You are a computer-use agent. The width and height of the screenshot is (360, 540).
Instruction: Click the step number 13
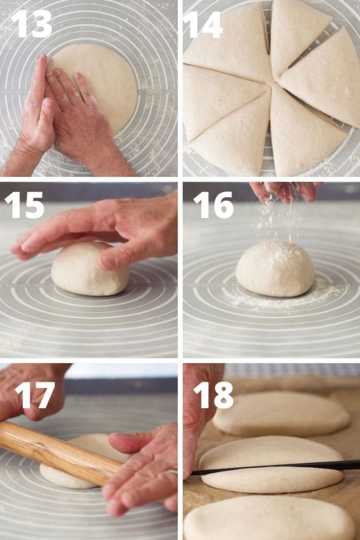(31, 23)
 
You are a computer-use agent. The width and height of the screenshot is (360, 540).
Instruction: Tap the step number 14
(202, 23)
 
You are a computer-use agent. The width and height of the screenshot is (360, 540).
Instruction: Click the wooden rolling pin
(55, 452)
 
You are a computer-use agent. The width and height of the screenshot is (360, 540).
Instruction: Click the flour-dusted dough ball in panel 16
(275, 269)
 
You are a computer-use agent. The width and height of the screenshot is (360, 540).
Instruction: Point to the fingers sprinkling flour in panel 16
(285, 191)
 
